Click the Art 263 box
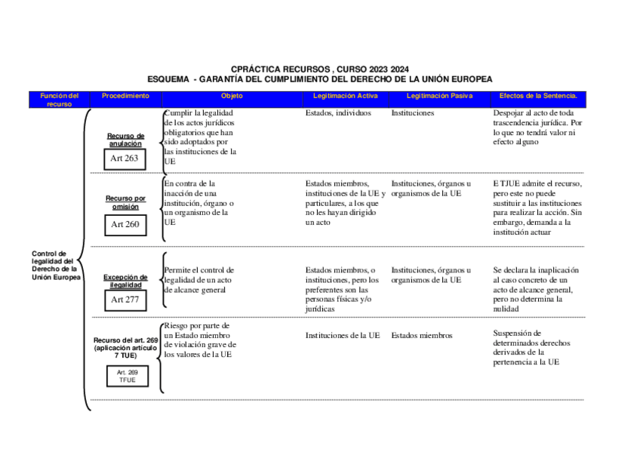pos(125,158)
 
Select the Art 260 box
pos(125,224)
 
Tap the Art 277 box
pos(125,300)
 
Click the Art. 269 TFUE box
pos(127,376)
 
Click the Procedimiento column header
pos(125,97)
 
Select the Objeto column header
pos(232,97)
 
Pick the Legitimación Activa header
pos(345,97)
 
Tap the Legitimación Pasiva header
pos(439,97)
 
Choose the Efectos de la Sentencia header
pos(538,97)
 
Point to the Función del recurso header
pos(59,100)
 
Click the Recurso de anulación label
pos(125,140)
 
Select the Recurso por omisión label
pos(125,202)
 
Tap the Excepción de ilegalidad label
pos(125,281)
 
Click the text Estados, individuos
pos(338,113)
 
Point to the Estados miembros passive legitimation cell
pos(422,336)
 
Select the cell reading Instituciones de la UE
pos(343,336)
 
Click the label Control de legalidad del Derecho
pos(54,266)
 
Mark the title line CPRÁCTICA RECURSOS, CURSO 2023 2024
pos(320,69)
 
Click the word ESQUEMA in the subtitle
pos(168,78)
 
